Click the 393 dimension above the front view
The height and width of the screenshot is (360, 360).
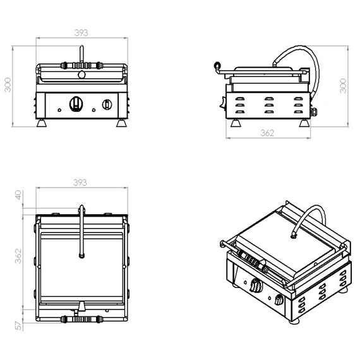tap(80, 33)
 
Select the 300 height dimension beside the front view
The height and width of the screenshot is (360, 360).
tap(8, 85)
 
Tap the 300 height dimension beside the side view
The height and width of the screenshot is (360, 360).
tap(343, 85)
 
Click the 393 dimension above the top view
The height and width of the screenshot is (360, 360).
tap(80, 183)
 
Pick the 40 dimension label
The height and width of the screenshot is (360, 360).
tap(18, 196)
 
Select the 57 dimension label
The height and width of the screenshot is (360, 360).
tap(18, 326)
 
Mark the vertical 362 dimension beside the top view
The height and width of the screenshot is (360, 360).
tap(18, 256)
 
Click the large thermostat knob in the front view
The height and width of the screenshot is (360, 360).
tap(76, 104)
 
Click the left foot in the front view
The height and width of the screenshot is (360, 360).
tap(43, 122)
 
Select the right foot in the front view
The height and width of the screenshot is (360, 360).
tap(120, 122)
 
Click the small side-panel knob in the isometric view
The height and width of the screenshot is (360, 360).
tap(281, 298)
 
